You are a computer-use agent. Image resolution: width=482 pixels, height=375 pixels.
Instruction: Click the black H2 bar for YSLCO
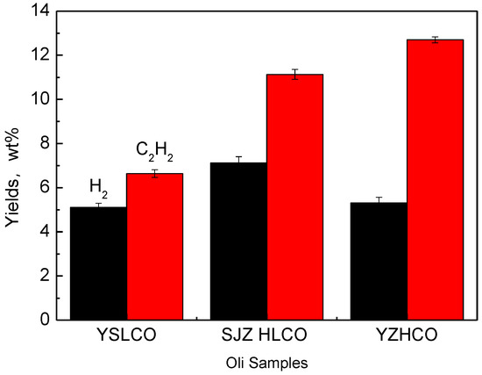click(99, 263)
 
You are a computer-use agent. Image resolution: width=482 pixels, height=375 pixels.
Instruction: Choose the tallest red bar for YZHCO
click(435, 180)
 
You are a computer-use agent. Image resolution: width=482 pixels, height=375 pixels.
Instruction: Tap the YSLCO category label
click(127, 336)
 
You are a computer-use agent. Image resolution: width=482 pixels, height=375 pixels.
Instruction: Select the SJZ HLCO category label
click(266, 336)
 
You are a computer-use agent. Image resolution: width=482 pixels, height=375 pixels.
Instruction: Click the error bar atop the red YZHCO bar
click(435, 40)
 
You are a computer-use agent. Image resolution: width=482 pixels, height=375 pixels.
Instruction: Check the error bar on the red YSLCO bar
click(155, 174)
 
